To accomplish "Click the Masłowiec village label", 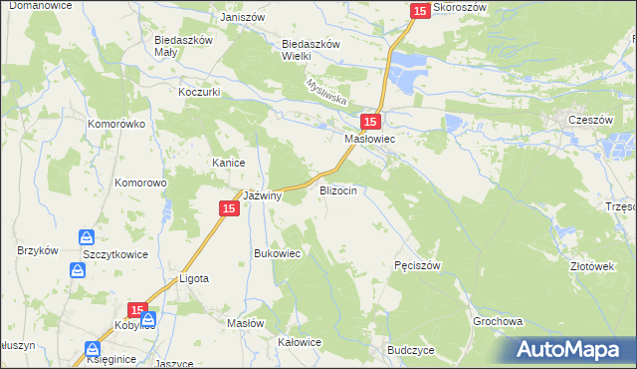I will pyautogui.click(x=370, y=141).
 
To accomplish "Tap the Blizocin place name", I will pyautogui.click(x=337, y=189).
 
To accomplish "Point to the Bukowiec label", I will pyautogui.click(x=278, y=253).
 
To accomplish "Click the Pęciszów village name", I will pyautogui.click(x=417, y=265).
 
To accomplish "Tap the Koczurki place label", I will pyautogui.click(x=198, y=91).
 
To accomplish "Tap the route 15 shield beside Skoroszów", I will pyautogui.click(x=420, y=10).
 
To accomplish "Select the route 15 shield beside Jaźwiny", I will pyautogui.click(x=228, y=207).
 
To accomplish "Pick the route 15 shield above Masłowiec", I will pyautogui.click(x=369, y=122).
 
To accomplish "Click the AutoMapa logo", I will pyautogui.click(x=574, y=349).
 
